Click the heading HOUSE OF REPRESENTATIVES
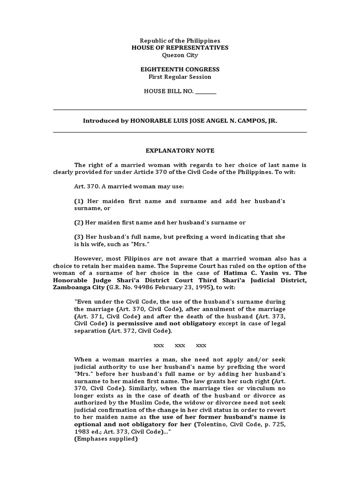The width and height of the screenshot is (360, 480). pos(180,48)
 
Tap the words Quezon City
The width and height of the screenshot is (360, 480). pos(180,55)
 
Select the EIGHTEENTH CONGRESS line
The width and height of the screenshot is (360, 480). pos(180,69)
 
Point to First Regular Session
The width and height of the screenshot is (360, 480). pos(180,76)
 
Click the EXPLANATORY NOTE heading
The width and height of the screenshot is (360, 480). pos(180,150)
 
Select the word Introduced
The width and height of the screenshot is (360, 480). pos(99,120)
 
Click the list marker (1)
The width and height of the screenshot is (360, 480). pos(78,201)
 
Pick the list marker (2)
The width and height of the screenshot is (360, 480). pos(78,223)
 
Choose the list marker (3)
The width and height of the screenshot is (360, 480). pos(78,237)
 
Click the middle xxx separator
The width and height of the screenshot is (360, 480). pos(180,345)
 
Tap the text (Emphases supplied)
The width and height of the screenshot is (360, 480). pos(106,439)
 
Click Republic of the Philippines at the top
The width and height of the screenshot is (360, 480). pos(180,41)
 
